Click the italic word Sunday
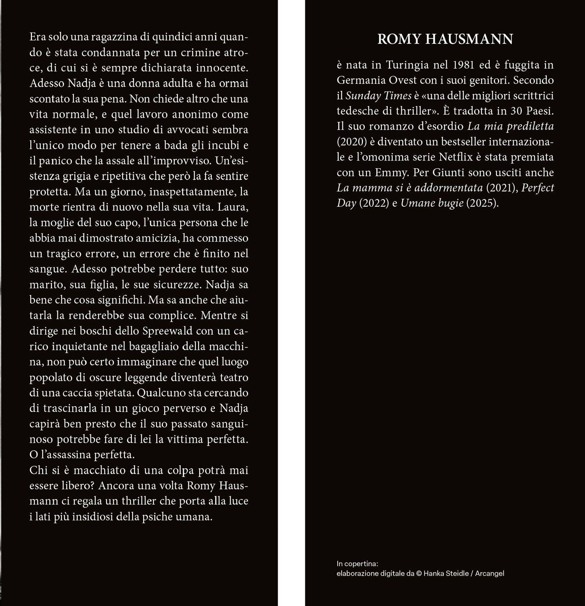(x=362, y=96)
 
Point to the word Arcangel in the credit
(x=489, y=574)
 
